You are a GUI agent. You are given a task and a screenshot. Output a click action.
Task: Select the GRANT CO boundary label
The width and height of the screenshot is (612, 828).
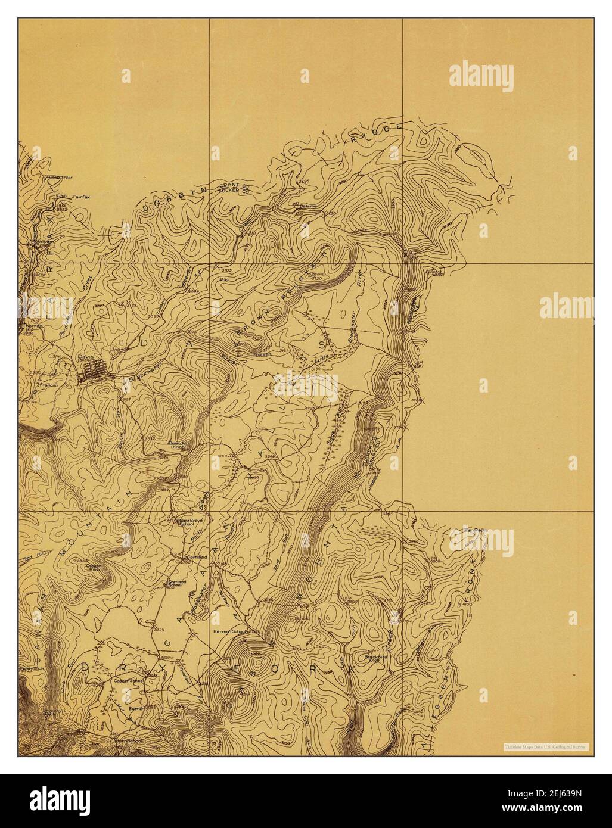[235, 185]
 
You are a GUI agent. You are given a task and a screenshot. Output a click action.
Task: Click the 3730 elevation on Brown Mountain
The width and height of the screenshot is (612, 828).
[316, 278]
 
